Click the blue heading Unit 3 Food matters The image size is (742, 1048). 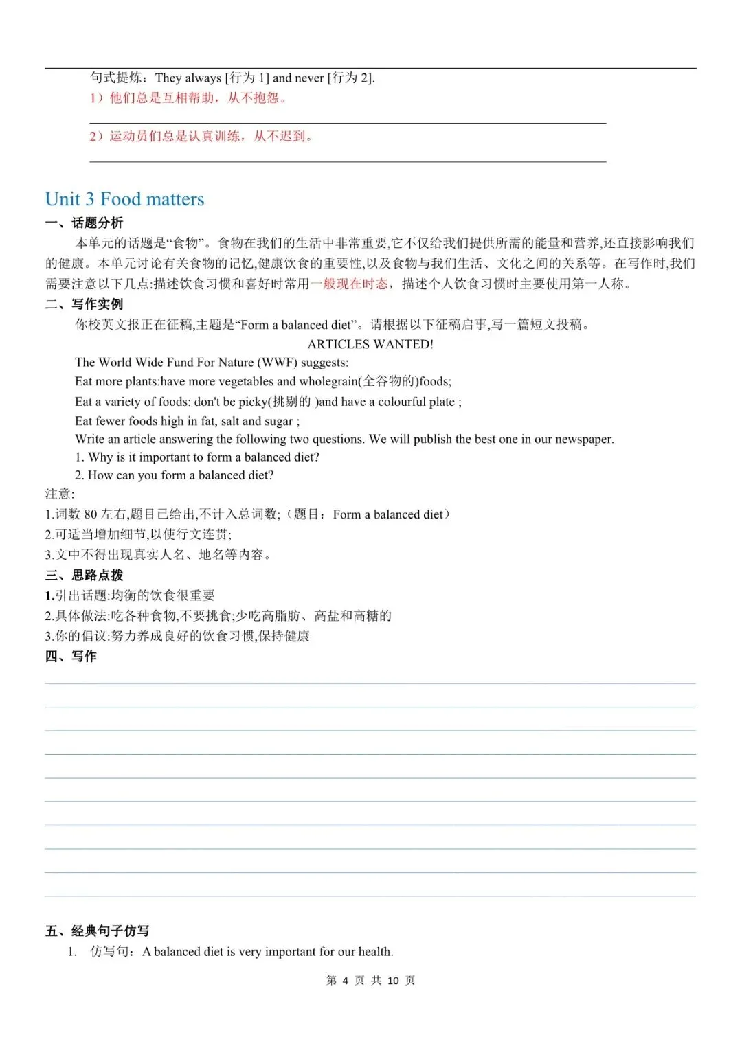pos(124,199)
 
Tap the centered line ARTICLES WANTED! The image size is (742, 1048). pos(370,344)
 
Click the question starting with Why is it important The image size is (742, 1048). pos(197,457)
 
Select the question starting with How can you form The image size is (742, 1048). pos(175,475)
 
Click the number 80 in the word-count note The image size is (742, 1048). pos(91,514)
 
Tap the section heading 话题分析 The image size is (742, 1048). pos(97,223)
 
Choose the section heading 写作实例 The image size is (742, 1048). pos(97,304)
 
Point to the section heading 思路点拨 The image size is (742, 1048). pos(97,576)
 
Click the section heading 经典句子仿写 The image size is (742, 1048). pos(110,931)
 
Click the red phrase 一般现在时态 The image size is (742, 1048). pos(349,284)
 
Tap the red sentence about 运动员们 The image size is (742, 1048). pos(201,137)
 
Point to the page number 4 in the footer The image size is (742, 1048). pos(346,981)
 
